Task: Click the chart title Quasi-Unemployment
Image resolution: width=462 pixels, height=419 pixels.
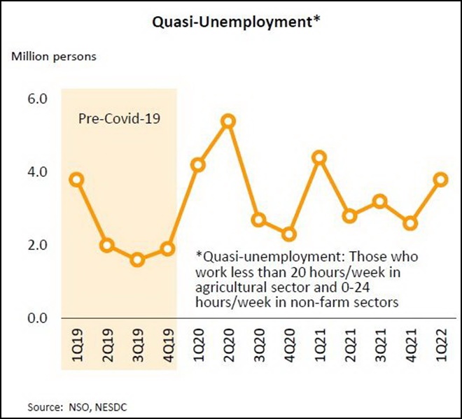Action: tap(232, 22)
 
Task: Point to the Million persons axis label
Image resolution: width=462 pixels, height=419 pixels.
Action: tap(52, 56)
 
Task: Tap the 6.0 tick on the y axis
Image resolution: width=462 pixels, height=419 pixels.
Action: tap(36, 99)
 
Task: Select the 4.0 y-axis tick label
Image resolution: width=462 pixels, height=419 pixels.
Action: tap(36, 171)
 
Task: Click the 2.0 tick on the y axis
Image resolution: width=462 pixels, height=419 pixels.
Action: tap(36, 245)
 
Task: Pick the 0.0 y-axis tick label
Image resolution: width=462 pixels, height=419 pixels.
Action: tap(36, 318)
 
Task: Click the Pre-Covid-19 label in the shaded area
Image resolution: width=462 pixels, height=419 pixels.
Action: tap(118, 118)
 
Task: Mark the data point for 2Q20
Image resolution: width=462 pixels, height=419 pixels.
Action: tap(228, 122)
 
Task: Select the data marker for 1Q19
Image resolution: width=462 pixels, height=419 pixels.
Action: tap(77, 180)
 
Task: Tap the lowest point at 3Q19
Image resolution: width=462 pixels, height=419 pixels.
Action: tap(137, 260)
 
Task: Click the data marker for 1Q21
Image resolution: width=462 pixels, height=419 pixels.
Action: tap(319, 157)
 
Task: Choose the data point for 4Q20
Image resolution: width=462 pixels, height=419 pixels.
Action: tap(289, 234)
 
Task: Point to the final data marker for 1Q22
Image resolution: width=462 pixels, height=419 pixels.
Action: tap(440, 180)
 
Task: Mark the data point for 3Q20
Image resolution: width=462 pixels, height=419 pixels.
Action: tap(258, 220)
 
